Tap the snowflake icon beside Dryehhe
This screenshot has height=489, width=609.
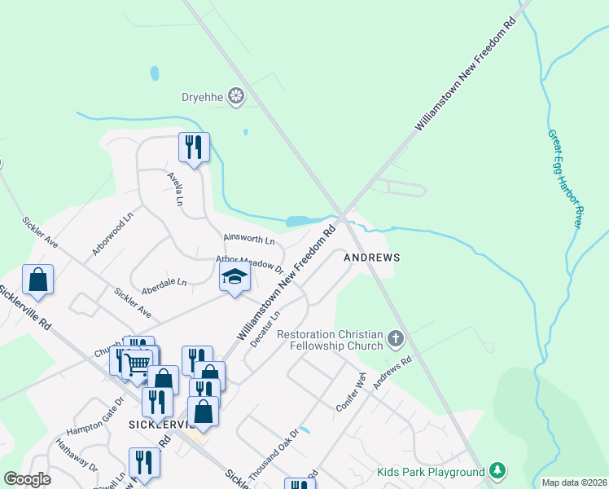pyautogui.click(x=236, y=97)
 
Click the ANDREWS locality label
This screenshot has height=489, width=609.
pyautogui.click(x=372, y=257)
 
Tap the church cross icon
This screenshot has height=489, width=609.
pyautogui.click(x=396, y=337)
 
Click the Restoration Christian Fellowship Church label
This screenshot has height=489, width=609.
pyautogui.click(x=330, y=340)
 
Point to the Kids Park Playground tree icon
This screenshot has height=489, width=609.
pyautogui.click(x=497, y=470)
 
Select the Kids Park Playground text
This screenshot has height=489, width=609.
pyautogui.click(x=431, y=472)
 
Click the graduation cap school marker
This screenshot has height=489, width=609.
pyautogui.click(x=234, y=277)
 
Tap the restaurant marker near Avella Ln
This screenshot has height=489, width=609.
pyautogui.click(x=194, y=148)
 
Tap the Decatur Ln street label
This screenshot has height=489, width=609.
pyautogui.click(x=265, y=328)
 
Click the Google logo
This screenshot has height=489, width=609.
pyautogui.click(x=27, y=479)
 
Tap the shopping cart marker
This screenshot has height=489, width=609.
pyautogui.click(x=137, y=363)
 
